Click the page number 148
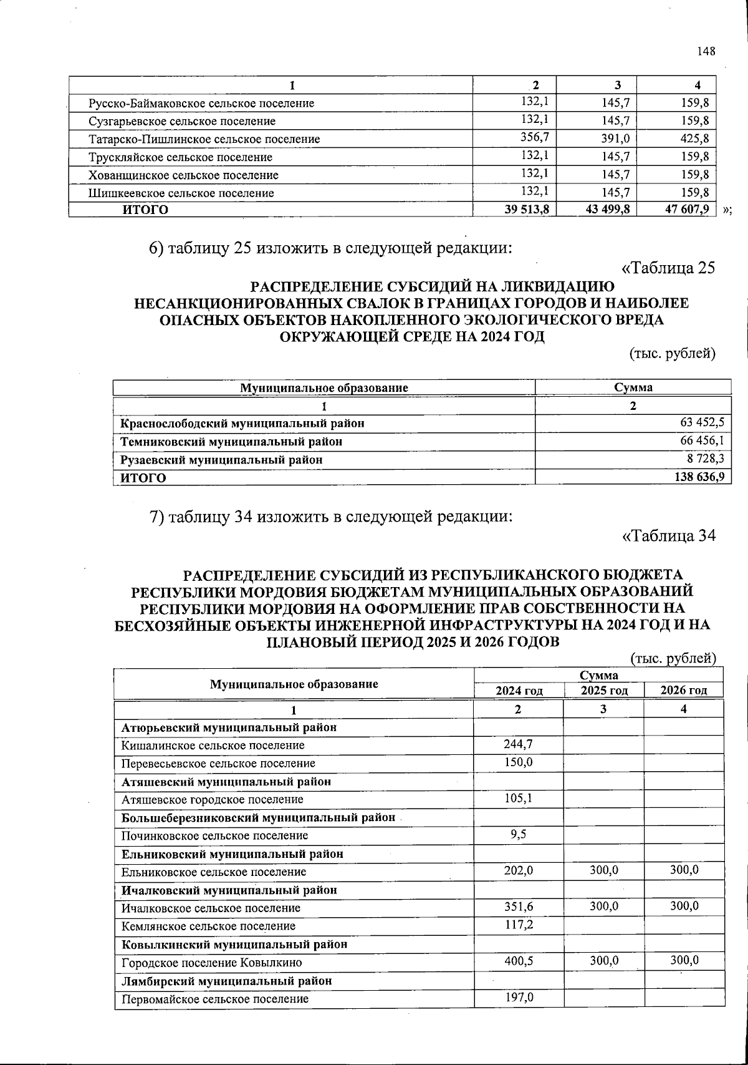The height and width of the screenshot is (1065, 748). [706, 52]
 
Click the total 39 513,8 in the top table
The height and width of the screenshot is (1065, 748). [527, 210]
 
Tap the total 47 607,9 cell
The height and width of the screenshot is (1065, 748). [687, 210]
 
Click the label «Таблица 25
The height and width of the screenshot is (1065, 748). [668, 268]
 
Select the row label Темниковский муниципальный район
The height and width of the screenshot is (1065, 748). [231, 442]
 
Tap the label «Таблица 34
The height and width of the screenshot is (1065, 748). [669, 535]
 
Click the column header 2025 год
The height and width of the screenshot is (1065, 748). [603, 690]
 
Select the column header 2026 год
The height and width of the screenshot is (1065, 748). [684, 690]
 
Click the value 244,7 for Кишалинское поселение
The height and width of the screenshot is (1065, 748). [518, 744]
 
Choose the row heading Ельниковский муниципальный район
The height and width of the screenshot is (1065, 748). [232, 853]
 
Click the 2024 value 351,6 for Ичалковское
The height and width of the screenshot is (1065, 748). [518, 907]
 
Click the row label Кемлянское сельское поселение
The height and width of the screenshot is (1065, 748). [208, 926]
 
